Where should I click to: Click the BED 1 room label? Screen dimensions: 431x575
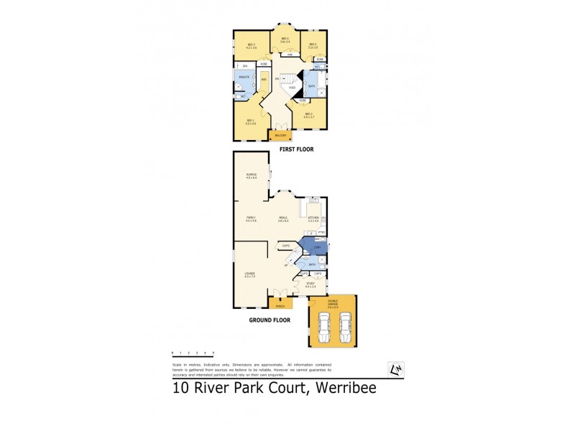tap(250, 120)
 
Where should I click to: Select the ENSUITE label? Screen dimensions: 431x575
tap(244, 75)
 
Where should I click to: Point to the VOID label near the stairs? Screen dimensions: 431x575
tap(282, 88)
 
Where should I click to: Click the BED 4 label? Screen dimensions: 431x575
tap(285, 39)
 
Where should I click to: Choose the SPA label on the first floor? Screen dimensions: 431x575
tap(245, 66)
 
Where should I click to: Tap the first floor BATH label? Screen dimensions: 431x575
tap(311, 86)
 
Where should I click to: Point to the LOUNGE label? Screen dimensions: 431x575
tap(249, 274)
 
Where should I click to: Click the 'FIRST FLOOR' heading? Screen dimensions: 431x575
tap(297, 149)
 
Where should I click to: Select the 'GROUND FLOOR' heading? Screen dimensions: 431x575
tap(270, 320)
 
